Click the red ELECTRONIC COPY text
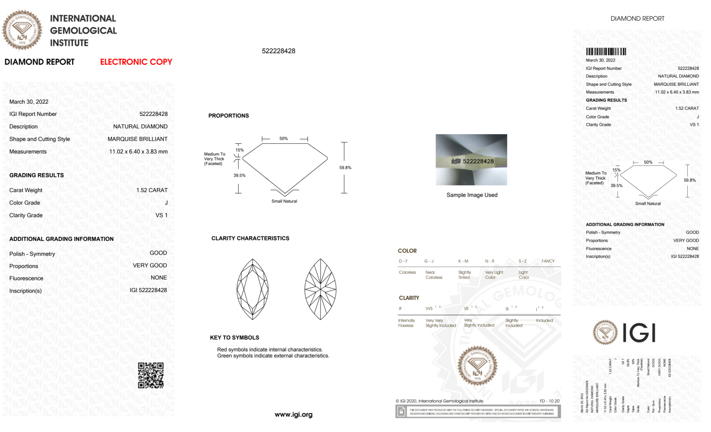tap(136, 62)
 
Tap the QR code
tap(151, 375)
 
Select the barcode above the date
tap(606, 52)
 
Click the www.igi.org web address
tap(293, 415)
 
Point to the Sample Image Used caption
tap(472, 195)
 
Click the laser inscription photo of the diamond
tap(471, 160)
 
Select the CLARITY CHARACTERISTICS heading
tap(250, 238)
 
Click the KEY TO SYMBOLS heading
tap(235, 337)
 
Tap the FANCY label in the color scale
tap(548, 261)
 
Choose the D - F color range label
tap(403, 261)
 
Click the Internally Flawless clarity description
tap(406, 323)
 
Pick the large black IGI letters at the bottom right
tap(639, 333)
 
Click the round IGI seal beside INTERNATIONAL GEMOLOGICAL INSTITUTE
tap(22, 30)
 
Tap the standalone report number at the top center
tap(279, 51)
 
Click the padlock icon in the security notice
tap(401, 412)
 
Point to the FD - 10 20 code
tap(549, 401)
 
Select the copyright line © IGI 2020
tap(439, 401)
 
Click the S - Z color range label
tap(523, 261)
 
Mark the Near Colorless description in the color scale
tap(434, 275)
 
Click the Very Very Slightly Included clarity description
tap(441, 323)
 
